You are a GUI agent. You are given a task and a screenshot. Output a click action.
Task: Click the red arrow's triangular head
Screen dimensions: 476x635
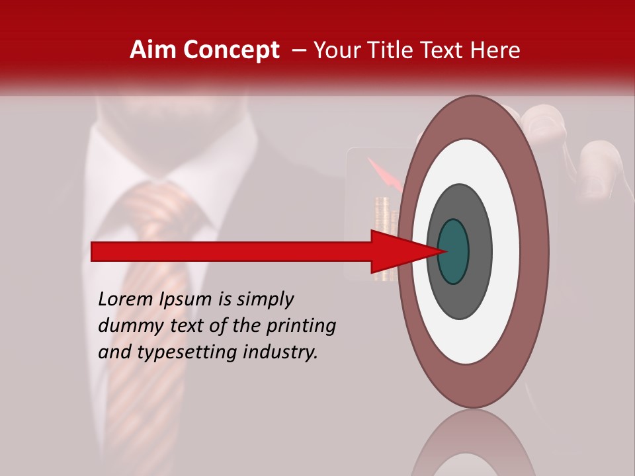coord(397,252)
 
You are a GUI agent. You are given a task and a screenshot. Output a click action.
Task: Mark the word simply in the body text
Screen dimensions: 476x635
coord(265,300)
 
